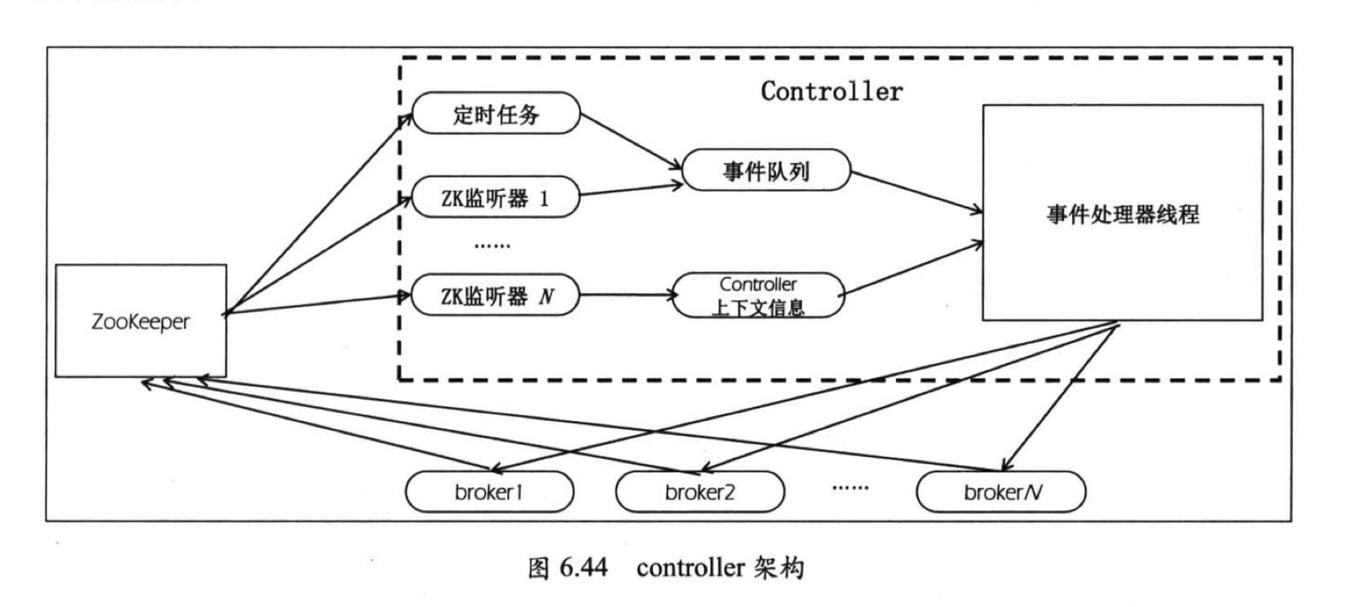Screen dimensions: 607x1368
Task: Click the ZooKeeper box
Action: (x=140, y=321)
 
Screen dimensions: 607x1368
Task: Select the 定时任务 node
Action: (x=496, y=113)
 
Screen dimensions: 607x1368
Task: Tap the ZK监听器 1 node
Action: (x=495, y=198)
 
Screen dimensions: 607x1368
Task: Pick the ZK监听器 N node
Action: (x=495, y=295)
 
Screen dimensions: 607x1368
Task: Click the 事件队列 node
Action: (x=766, y=171)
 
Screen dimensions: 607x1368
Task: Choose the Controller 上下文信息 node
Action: (x=758, y=295)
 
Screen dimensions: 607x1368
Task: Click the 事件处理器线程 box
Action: (x=1122, y=213)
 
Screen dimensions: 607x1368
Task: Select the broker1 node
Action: (x=489, y=492)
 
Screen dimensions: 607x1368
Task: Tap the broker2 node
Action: (x=699, y=492)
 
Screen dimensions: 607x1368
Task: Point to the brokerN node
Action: (x=1001, y=492)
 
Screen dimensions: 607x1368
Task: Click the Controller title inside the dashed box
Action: (x=832, y=91)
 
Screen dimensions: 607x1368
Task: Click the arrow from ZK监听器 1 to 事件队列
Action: (x=630, y=190)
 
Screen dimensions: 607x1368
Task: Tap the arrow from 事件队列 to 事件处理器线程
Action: (x=916, y=193)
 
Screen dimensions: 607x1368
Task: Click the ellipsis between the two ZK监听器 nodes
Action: (x=492, y=246)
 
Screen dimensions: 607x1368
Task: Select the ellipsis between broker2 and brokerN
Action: (x=850, y=488)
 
